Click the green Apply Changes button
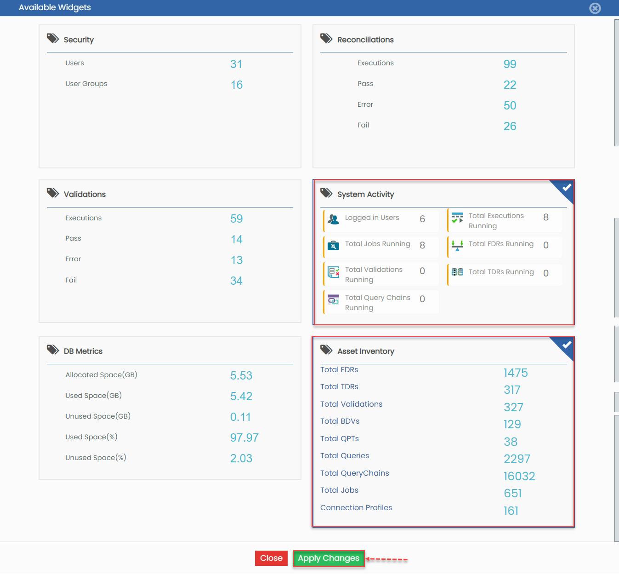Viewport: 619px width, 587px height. pos(329,558)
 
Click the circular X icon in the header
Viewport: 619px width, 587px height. pos(595,8)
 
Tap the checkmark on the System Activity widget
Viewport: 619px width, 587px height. pos(567,188)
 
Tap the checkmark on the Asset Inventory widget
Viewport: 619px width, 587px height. pos(567,345)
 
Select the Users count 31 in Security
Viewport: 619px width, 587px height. pos(236,64)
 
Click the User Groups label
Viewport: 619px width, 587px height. pos(86,84)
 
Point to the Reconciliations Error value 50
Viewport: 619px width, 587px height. pos(510,105)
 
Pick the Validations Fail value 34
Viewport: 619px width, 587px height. pos(236,281)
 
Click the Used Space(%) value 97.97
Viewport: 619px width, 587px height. pos(244,437)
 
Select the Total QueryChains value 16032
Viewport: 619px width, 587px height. pos(519,476)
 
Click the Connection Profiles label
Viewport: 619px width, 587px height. pos(356,507)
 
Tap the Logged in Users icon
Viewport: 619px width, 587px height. pos(333,219)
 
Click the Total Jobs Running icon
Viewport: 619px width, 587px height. pos(333,245)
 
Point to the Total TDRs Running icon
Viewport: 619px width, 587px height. pos(457,272)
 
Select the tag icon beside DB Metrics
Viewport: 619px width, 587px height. pos(52,350)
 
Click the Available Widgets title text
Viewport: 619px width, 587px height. pos(55,7)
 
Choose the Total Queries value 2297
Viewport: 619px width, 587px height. pos(517,459)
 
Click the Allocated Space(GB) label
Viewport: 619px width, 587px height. pos(102,375)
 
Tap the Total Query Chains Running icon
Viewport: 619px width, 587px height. pos(333,300)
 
